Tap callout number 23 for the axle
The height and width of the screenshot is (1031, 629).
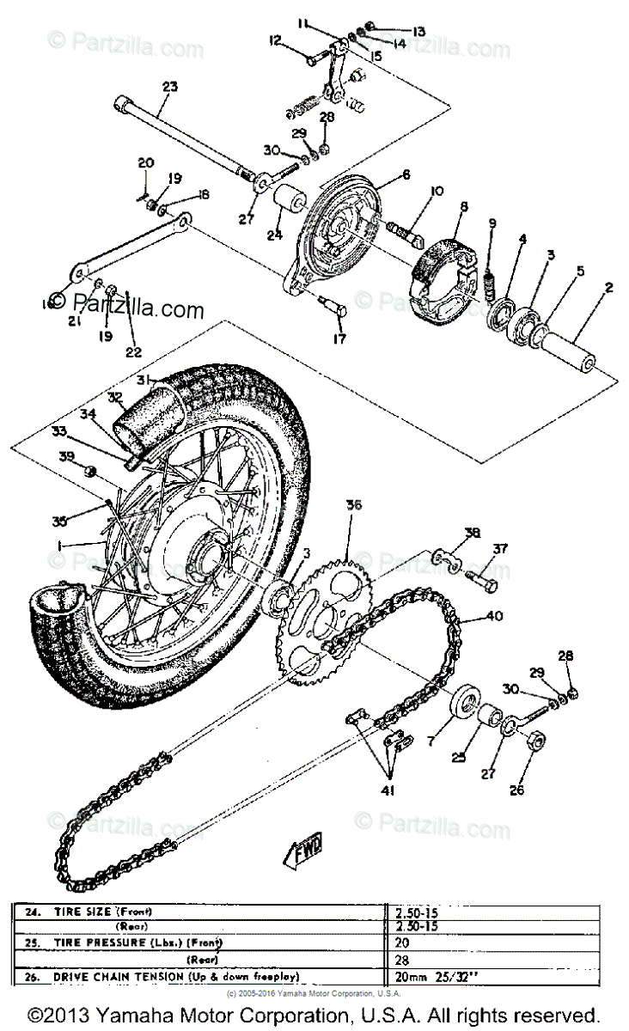tap(168, 86)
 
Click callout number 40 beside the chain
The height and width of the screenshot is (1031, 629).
tap(493, 614)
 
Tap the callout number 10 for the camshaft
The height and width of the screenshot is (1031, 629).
tap(437, 191)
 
